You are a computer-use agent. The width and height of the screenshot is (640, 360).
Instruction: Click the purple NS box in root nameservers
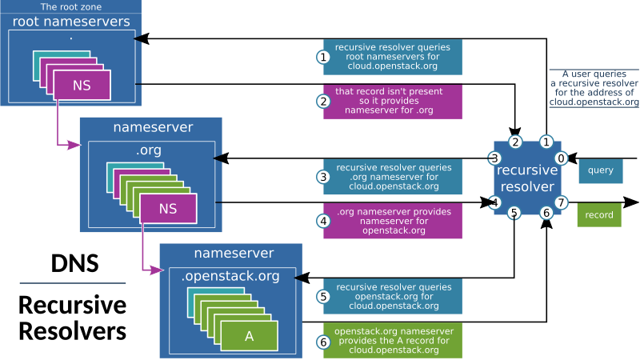pyautogui.click(x=81, y=85)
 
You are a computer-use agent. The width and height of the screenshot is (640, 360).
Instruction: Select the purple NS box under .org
pyautogui.click(x=168, y=209)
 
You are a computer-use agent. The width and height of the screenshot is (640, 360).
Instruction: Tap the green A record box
pyautogui.click(x=249, y=336)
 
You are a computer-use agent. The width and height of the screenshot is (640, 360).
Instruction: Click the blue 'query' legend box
pyautogui.click(x=600, y=170)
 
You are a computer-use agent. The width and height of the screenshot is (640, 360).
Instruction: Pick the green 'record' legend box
pyautogui.click(x=598, y=215)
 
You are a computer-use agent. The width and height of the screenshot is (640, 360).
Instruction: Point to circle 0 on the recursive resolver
pyautogui.click(x=561, y=158)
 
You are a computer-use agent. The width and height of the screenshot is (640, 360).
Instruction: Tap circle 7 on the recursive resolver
pyautogui.click(x=561, y=202)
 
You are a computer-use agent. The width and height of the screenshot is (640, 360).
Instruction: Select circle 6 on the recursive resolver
pyautogui.click(x=546, y=213)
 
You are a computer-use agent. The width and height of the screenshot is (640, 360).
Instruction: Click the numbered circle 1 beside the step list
pyautogui.click(x=323, y=58)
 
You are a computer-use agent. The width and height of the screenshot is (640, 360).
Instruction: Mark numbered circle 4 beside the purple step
pyautogui.click(x=323, y=222)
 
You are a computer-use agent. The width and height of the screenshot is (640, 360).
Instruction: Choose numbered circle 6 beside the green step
pyautogui.click(x=323, y=342)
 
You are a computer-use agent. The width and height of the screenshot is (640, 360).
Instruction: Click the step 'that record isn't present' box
pyautogui.click(x=392, y=102)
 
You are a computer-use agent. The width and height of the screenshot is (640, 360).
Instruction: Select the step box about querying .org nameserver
pyautogui.click(x=392, y=177)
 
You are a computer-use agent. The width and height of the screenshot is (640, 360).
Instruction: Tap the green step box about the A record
pyautogui.click(x=392, y=340)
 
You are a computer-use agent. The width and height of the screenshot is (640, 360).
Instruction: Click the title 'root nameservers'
pyautogui.click(x=71, y=22)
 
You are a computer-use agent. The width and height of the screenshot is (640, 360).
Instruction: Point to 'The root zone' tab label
pyautogui.click(x=70, y=6)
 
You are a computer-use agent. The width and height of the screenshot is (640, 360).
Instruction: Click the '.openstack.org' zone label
pyautogui.click(x=230, y=277)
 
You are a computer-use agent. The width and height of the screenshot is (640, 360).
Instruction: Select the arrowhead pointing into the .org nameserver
pyautogui.click(x=74, y=145)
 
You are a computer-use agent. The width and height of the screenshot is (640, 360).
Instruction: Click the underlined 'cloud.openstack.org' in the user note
pyautogui.click(x=594, y=102)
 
